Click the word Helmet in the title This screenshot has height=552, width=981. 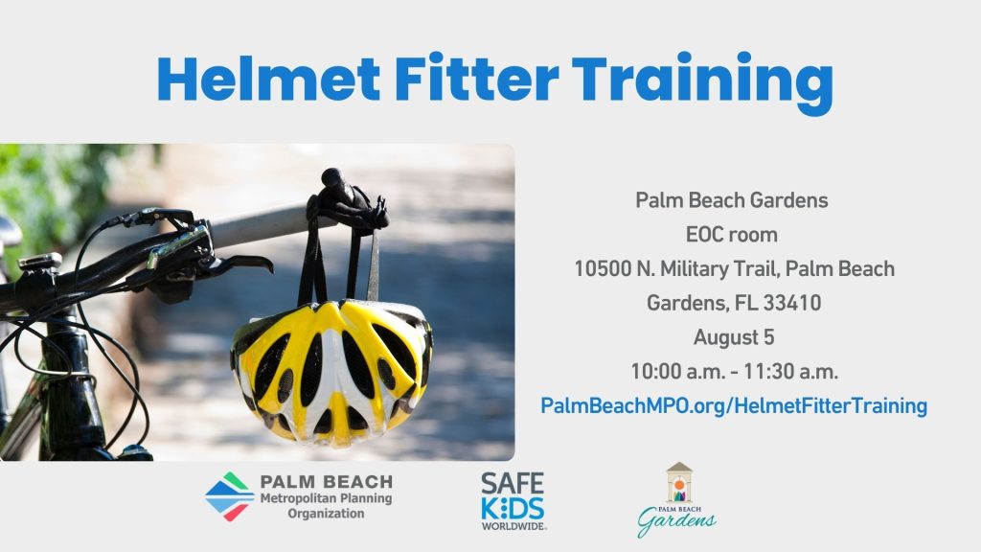[268, 79]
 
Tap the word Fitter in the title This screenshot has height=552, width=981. [477, 79]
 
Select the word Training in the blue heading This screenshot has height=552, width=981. [702, 83]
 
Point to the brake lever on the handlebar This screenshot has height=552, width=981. [238, 264]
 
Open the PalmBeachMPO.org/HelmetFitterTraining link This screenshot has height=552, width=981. [734, 405]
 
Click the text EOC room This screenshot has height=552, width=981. [731, 235]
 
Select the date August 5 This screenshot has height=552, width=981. [734, 337]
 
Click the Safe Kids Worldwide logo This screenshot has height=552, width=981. [513, 501]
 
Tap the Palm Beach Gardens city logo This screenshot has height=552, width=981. [677, 500]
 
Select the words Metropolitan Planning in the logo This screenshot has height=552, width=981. [326, 498]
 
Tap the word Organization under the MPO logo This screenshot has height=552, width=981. [326, 514]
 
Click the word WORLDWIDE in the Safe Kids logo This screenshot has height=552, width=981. [513, 526]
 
